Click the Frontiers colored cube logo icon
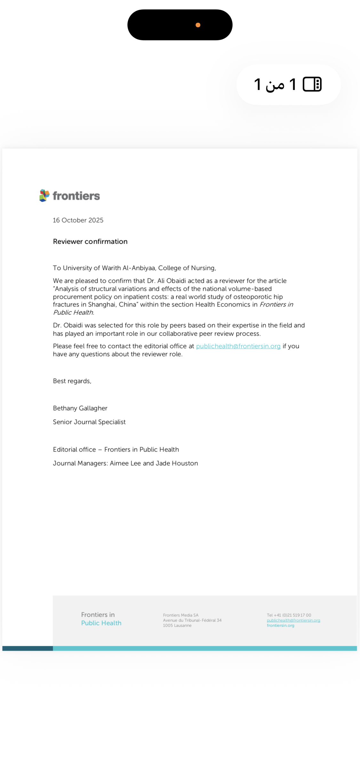pyautogui.click(x=44, y=195)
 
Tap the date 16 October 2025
pyautogui.click(x=78, y=220)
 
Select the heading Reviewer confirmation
pyautogui.click(x=90, y=241)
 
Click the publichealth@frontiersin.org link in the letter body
pyautogui.click(x=238, y=346)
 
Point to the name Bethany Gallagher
pyautogui.click(x=80, y=408)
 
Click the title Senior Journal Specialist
pyautogui.click(x=89, y=422)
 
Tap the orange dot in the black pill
pyautogui.click(x=198, y=25)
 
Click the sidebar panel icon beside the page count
pyautogui.click(x=312, y=84)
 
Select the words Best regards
pyautogui.click(x=72, y=381)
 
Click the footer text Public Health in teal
pyautogui.click(x=101, y=623)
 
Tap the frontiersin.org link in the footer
pyautogui.click(x=280, y=625)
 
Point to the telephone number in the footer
pyautogui.click(x=289, y=615)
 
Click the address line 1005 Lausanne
pyautogui.click(x=177, y=625)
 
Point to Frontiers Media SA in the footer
pyautogui.click(x=180, y=615)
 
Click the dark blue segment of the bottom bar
pyautogui.click(x=28, y=648)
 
